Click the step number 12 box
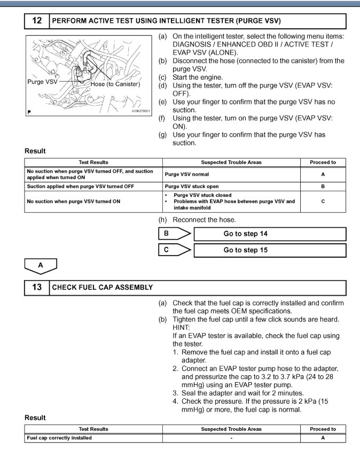(x=37, y=21)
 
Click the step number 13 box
(x=37, y=287)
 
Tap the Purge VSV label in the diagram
(x=43, y=82)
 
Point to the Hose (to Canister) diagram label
(x=115, y=84)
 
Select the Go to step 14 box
(x=269, y=234)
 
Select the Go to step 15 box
(x=269, y=250)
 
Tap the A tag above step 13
(x=41, y=265)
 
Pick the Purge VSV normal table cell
(x=187, y=174)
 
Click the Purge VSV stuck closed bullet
(x=202, y=196)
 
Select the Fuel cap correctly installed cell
(x=59, y=438)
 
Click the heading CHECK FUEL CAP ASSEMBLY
(x=103, y=287)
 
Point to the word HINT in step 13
(x=182, y=328)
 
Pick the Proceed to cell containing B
(x=323, y=187)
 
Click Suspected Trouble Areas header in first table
(x=231, y=162)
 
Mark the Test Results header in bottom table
(x=93, y=429)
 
